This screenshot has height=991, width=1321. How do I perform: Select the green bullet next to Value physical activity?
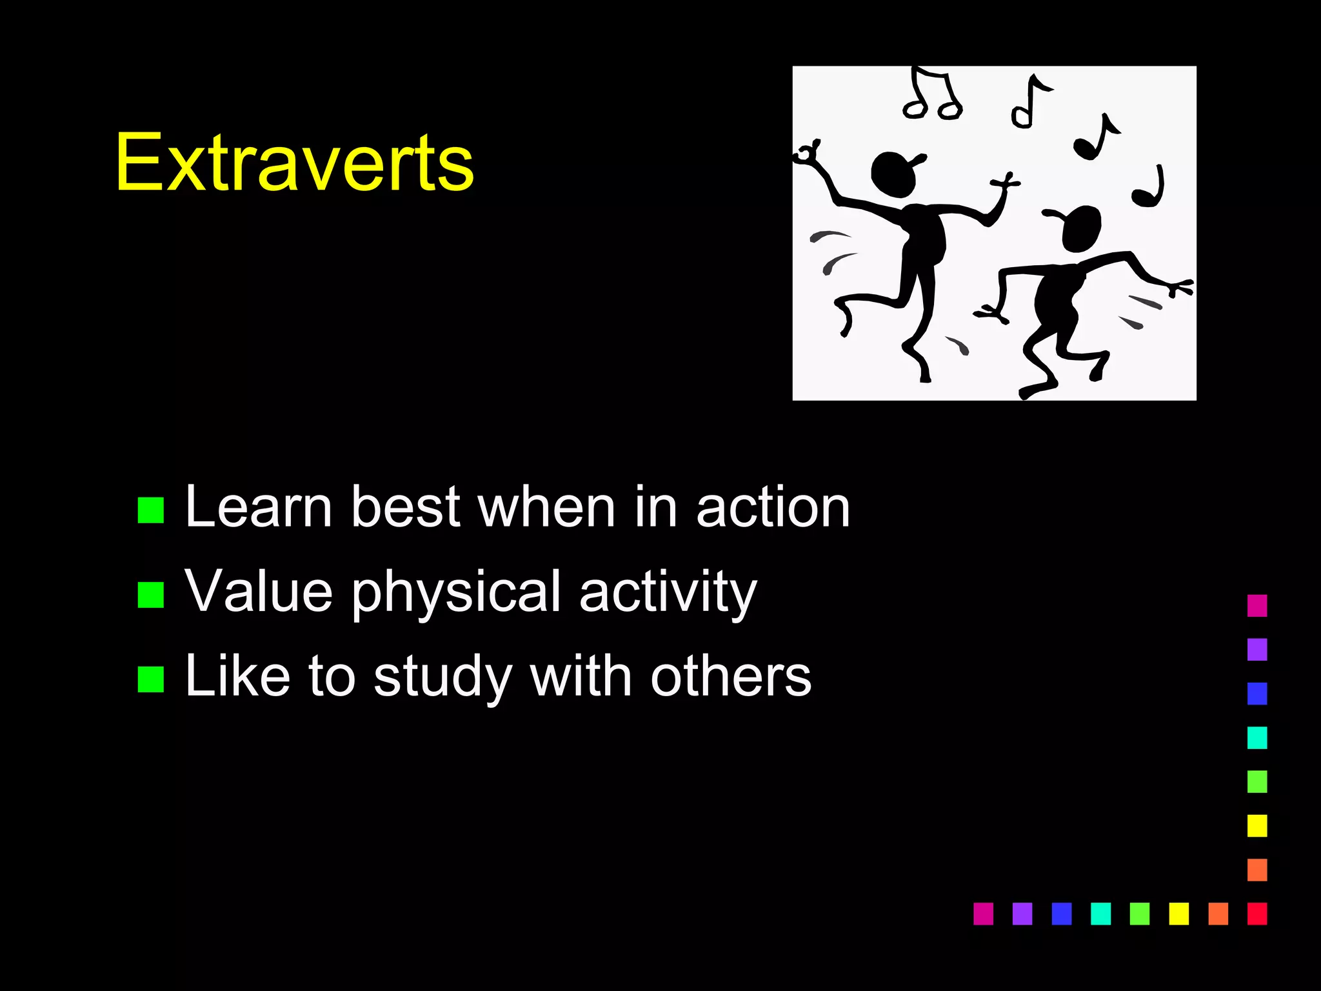(151, 594)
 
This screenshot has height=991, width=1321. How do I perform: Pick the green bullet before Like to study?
(151, 679)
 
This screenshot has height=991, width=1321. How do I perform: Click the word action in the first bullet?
(773, 508)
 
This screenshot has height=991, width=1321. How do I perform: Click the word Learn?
(259, 508)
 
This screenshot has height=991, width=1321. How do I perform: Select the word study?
(442, 677)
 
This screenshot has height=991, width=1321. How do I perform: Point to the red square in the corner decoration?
(1256, 914)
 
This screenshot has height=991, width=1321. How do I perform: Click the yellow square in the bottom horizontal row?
(1178, 914)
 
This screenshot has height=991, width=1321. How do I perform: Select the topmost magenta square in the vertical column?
(1256, 605)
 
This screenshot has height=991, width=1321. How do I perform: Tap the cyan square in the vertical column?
(1256, 737)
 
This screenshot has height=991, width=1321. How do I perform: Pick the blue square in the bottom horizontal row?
(1061, 914)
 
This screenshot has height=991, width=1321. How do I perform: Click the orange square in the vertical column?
(1256, 870)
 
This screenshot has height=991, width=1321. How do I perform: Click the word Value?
(259, 591)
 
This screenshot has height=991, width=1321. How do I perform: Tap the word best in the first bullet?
(405, 508)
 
